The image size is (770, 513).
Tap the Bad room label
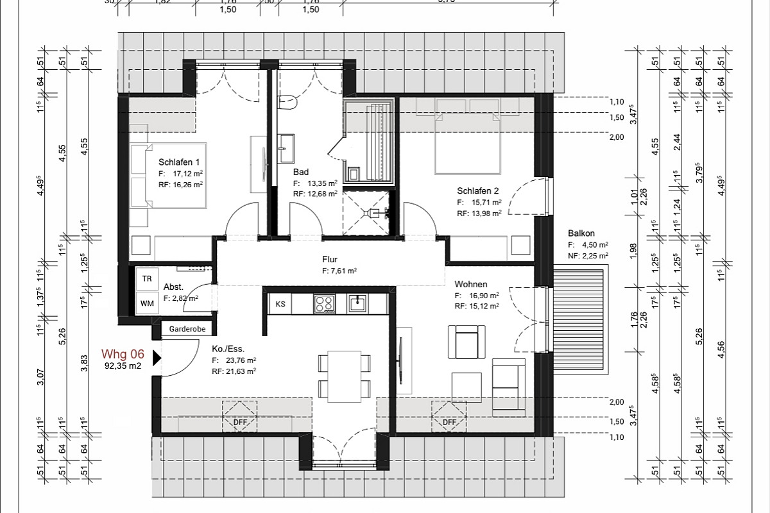pyautogui.click(x=301, y=172)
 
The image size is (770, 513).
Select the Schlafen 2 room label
pyautogui.click(x=478, y=190)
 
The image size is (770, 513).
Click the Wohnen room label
pyautogui.click(x=471, y=284)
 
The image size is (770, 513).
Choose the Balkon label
pyautogui.click(x=581, y=233)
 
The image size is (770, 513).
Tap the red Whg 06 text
pyautogui.click(x=123, y=355)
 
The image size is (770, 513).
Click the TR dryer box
pyautogui.click(x=147, y=280)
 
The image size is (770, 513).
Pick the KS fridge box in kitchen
pyautogui.click(x=280, y=304)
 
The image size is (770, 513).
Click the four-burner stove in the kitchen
pyautogui.click(x=324, y=304)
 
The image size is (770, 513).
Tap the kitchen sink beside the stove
pyautogui.click(x=357, y=303)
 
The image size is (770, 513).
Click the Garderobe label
pyautogui.click(x=187, y=329)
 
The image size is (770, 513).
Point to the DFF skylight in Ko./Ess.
pyautogui.click(x=239, y=416)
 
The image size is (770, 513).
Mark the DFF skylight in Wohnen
pyautogui.click(x=449, y=416)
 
